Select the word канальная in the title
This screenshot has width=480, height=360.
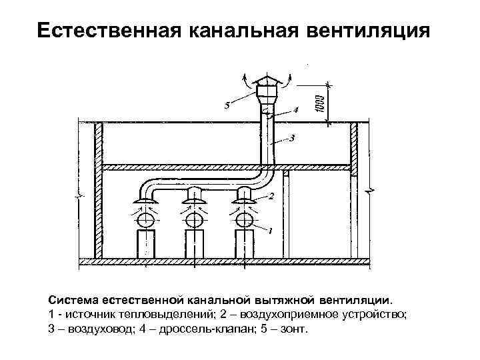228,31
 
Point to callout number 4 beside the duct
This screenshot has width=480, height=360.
295,109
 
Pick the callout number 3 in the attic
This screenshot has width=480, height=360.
293,138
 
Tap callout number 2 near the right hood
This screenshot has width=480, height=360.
271,196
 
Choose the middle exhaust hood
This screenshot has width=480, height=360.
195,195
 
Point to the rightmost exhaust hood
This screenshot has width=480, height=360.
243,195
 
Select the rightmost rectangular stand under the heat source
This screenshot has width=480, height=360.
243,245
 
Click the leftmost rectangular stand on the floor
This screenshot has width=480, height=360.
146,245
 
